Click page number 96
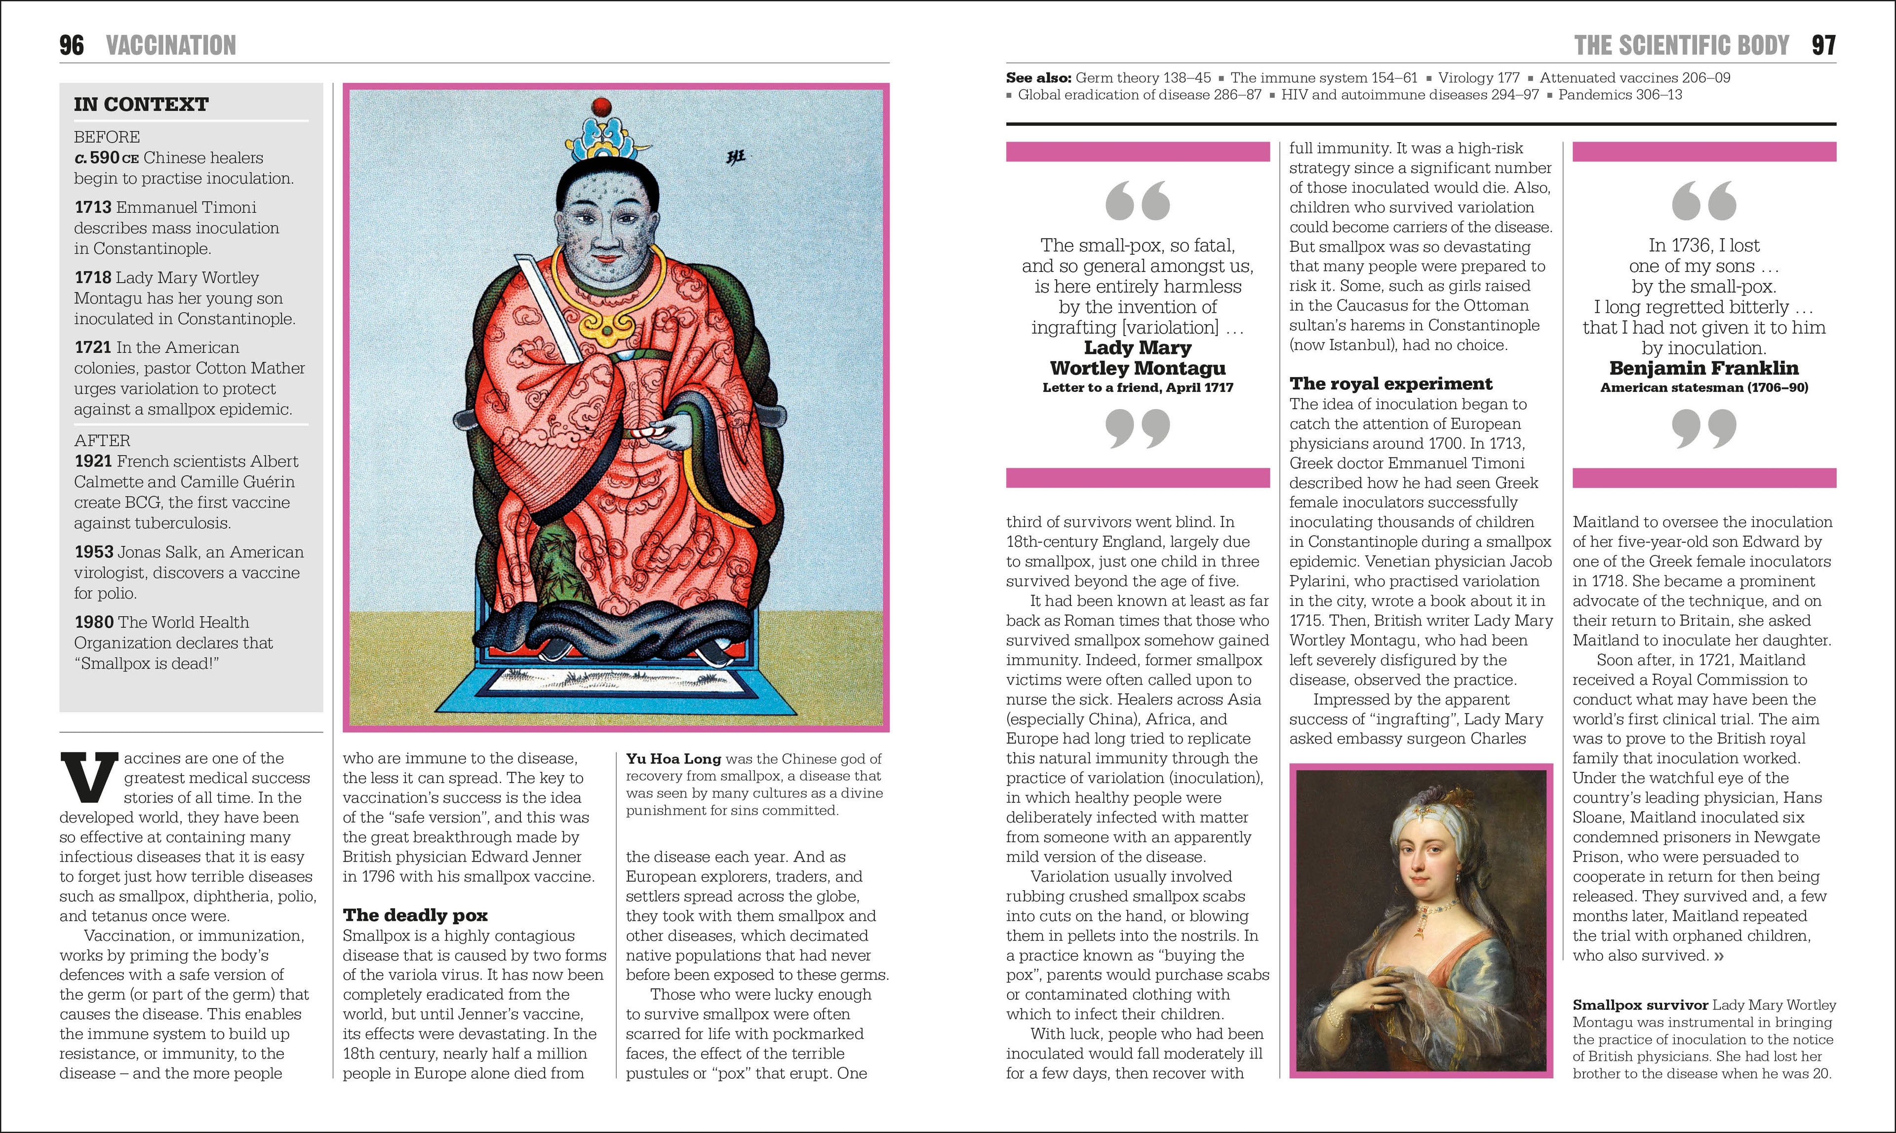click(72, 46)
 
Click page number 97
click(1823, 46)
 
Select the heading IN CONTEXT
click(141, 105)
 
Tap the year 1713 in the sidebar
click(92, 208)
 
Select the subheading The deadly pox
click(415, 915)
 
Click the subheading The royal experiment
click(1390, 383)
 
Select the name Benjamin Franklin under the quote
click(1703, 368)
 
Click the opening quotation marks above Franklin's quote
click(1703, 201)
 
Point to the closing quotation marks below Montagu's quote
click(1138, 427)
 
